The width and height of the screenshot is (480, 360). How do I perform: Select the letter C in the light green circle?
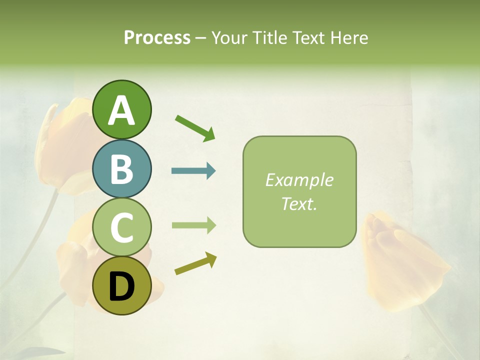pyautogui.click(x=122, y=227)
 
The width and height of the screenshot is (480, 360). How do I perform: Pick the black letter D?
pyautogui.click(x=122, y=286)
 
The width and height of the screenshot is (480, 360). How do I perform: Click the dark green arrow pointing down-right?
pyautogui.click(x=194, y=127)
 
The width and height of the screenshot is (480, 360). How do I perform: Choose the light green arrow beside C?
pyautogui.click(x=193, y=225)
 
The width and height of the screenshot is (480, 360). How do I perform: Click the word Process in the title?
pyautogui.click(x=157, y=38)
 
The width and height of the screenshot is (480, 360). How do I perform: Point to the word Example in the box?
pyautogui.click(x=299, y=180)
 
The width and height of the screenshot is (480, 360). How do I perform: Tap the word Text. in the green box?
pyautogui.click(x=299, y=203)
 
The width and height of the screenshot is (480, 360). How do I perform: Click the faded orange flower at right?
pyautogui.click(x=400, y=260)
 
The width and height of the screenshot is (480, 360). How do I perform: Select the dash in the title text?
pyautogui.click(x=200, y=38)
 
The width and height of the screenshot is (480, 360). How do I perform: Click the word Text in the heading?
pyautogui.click(x=306, y=38)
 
